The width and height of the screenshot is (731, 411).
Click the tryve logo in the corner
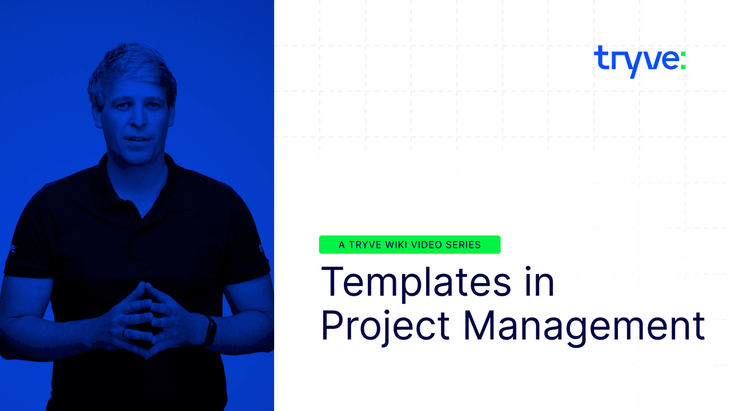click(639, 61)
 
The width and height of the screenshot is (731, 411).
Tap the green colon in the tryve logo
click(682, 59)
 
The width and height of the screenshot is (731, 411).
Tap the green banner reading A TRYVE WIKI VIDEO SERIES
click(409, 245)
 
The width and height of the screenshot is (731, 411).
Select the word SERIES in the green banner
click(463, 245)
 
